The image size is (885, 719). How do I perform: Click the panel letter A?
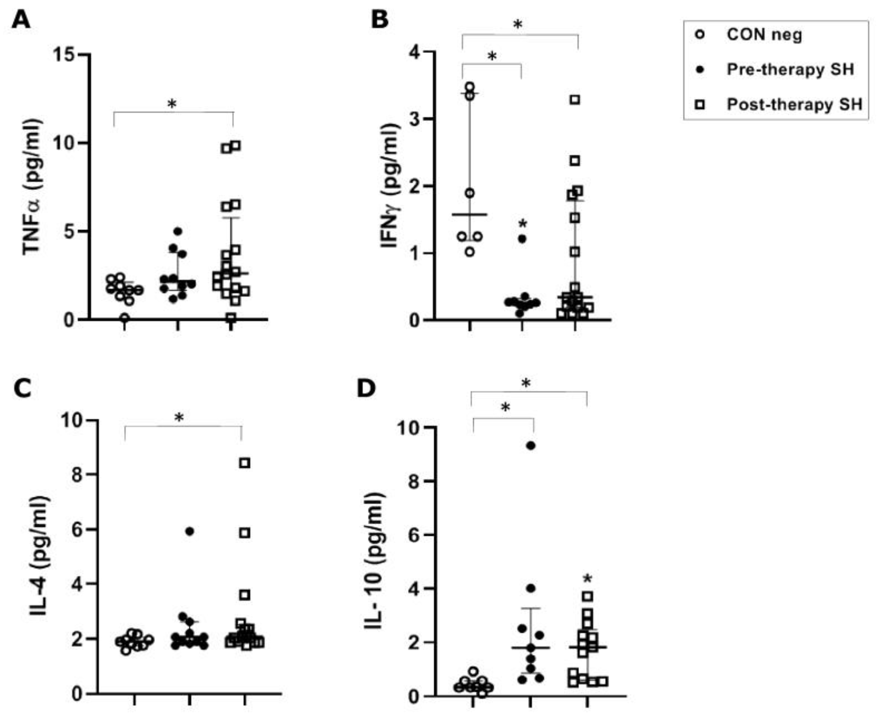click(20, 19)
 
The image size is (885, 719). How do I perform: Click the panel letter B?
click(379, 19)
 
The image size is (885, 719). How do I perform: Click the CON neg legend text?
click(764, 35)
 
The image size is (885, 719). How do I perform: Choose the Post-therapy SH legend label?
click(794, 104)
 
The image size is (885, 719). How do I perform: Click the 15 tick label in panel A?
click(66, 55)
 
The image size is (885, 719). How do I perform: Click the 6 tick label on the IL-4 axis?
click(83, 529)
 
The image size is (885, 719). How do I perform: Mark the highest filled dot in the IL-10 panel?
click(530, 446)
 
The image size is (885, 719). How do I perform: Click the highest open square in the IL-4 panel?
click(245, 463)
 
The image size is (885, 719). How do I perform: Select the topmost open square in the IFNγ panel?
click(575, 100)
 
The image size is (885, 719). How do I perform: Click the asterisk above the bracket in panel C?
click(179, 417)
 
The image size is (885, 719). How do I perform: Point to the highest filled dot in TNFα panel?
click(178, 231)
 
